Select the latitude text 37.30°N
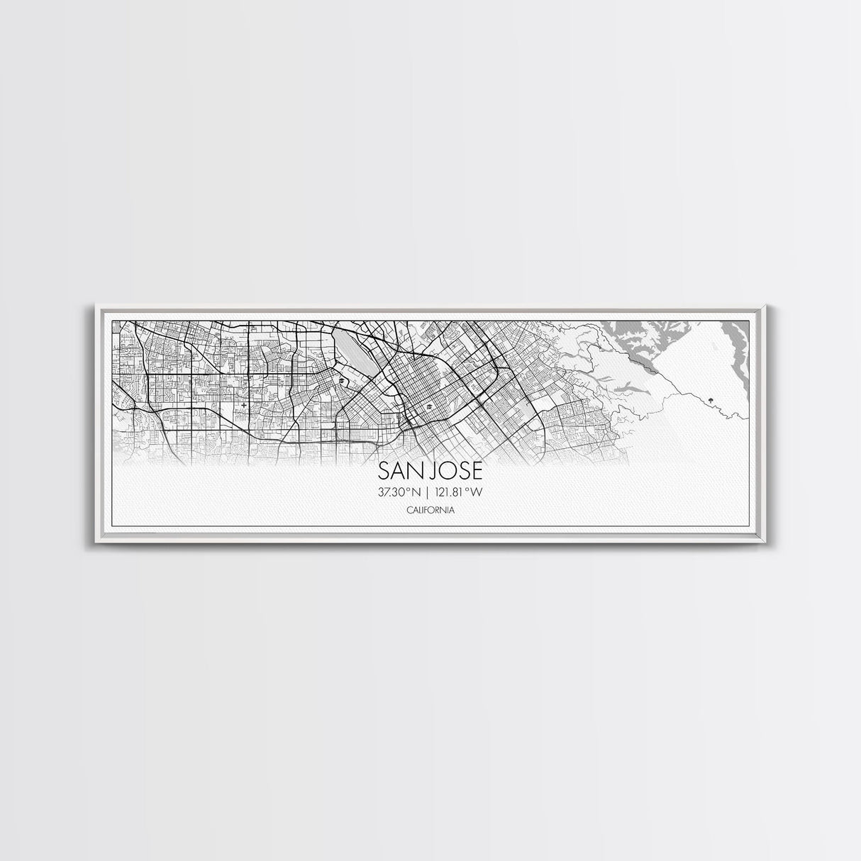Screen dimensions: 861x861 399,491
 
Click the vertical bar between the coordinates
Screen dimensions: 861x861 430,491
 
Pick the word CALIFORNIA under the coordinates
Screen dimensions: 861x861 430,511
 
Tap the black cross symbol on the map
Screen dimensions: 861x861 245,405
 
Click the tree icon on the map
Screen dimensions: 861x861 709,400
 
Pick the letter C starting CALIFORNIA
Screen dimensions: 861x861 409,511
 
